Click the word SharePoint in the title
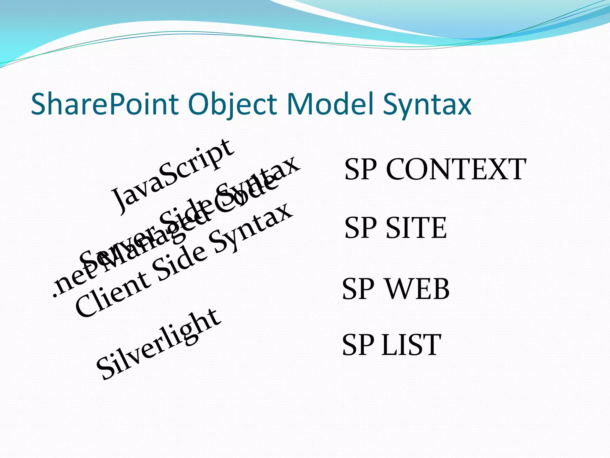point(105,104)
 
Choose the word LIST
point(411,345)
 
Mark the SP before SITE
point(361,228)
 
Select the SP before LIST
point(358,345)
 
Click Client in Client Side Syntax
point(112,294)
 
